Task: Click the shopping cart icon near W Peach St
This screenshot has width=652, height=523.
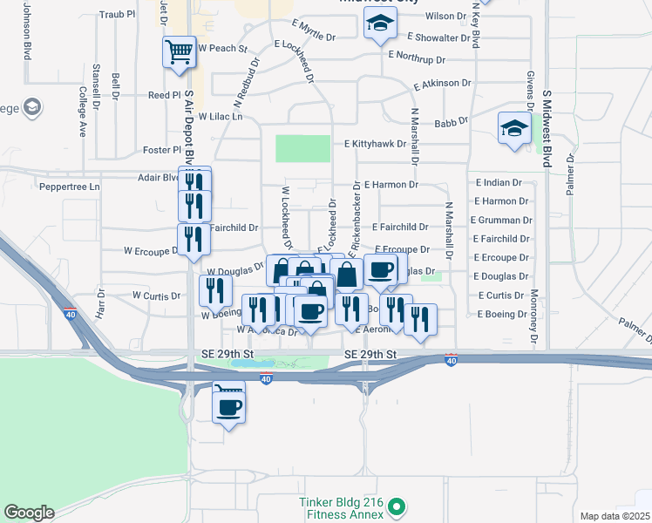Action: [x=178, y=52]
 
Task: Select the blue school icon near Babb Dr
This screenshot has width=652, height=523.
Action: [x=514, y=130]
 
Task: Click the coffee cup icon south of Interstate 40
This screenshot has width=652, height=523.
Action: [x=228, y=406]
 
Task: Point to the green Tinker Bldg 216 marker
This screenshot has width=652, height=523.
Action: [x=396, y=506]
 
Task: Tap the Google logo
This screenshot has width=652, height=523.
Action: [x=29, y=513]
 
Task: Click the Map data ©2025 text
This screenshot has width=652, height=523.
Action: [x=615, y=516]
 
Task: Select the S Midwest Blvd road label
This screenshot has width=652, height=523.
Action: [x=547, y=126]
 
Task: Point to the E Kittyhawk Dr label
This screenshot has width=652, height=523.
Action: [x=376, y=144]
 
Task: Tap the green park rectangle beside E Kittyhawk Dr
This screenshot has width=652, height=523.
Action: [x=303, y=148]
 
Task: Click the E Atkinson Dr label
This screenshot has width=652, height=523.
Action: [x=443, y=85]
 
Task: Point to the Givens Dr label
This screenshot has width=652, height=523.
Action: [x=529, y=92]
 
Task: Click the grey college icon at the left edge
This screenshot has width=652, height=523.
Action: [x=32, y=108]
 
